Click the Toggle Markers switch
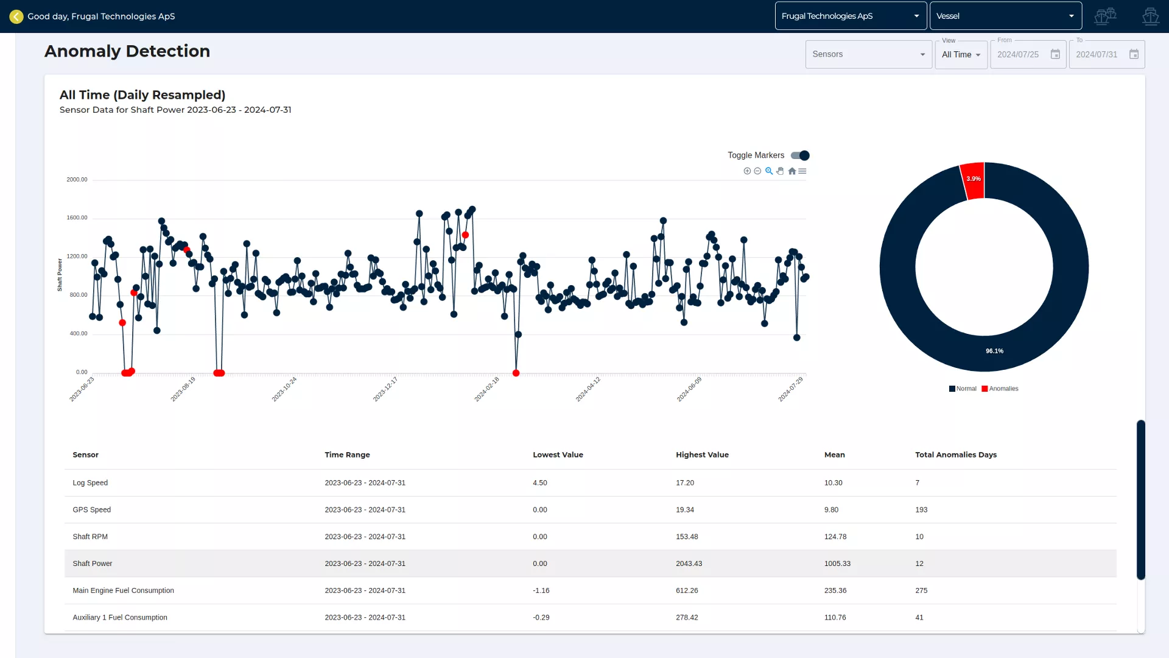(800, 155)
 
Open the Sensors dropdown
(868, 54)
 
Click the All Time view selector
(961, 54)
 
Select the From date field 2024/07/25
(1018, 54)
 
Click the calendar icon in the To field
(1134, 54)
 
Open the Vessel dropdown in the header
(1005, 16)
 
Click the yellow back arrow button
(16, 16)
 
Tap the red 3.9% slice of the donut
(974, 180)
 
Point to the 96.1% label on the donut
(994, 351)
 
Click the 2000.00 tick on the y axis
(77, 180)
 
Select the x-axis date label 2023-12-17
(385, 389)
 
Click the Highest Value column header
(702, 455)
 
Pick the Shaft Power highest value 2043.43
(689, 564)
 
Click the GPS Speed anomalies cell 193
(921, 510)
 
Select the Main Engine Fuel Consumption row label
(123, 590)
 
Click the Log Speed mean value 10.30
(833, 483)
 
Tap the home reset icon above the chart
(792, 171)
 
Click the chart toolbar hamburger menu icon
(802, 171)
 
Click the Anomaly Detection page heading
(127, 51)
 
